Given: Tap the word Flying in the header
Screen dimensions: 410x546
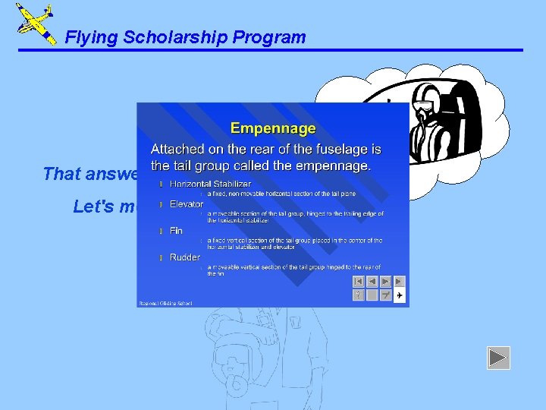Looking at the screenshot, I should coord(87,37).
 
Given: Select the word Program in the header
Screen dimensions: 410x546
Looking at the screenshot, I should coord(273,37).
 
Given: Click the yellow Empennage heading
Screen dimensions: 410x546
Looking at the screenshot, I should coord(272,129).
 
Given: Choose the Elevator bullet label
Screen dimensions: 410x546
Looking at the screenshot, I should coord(187,204).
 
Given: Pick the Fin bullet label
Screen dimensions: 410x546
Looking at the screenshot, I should coord(175,230).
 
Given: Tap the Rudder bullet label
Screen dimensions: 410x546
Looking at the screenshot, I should coord(185,257).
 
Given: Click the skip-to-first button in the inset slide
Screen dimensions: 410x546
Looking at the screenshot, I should coord(359,281).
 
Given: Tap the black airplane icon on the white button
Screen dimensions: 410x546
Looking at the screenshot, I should coord(400,295).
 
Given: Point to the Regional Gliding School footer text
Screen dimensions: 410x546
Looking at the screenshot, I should coord(165,303).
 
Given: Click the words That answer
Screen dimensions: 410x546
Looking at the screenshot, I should coord(89,174).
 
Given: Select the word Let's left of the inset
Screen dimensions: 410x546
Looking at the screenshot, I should coord(93,206).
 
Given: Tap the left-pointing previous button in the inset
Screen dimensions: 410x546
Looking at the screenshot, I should coord(372,281).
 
